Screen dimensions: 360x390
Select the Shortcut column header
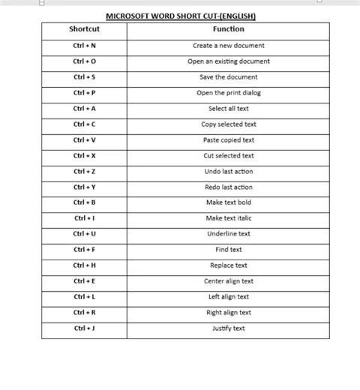pos(84,29)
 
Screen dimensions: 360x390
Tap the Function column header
pos(228,29)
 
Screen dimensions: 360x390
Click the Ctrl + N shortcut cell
pos(84,46)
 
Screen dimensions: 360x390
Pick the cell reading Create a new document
pos(228,46)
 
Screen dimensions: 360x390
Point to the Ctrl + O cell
pos(84,61)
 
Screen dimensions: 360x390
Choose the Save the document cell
pos(228,77)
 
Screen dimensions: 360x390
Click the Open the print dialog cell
pos(228,93)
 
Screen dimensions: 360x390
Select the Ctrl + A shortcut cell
pos(84,109)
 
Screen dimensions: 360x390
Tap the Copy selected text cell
pos(228,124)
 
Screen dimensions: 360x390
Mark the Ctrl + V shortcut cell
pos(84,140)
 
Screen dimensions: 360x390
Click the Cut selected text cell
pos(228,156)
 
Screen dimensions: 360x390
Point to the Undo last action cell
pos(228,172)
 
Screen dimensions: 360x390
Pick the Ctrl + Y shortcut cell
pos(84,187)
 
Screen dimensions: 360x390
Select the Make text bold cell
pos(228,202)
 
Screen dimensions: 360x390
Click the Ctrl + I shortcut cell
pos(84,218)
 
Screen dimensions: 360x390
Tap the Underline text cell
pos(228,234)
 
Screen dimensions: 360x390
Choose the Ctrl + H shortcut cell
pos(84,265)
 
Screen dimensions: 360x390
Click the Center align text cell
pos(228,281)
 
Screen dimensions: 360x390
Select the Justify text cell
pos(228,328)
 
